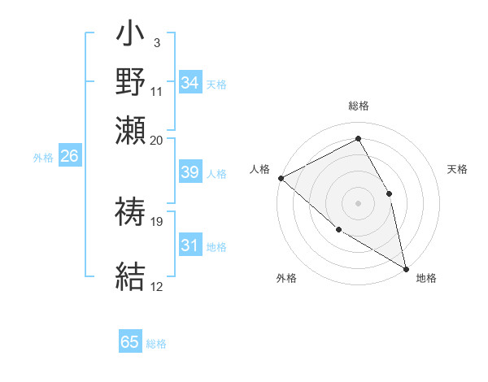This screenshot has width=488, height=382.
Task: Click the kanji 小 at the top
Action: (x=131, y=36)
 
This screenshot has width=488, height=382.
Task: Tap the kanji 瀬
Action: (x=131, y=131)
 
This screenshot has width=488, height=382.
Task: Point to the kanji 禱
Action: (x=131, y=213)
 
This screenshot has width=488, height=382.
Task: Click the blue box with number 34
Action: (x=190, y=82)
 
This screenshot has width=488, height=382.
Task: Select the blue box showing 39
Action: (x=190, y=172)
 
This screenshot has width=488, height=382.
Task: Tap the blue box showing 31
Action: (x=190, y=245)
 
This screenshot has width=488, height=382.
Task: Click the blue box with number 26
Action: (x=69, y=156)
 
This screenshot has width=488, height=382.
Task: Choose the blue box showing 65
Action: (x=130, y=342)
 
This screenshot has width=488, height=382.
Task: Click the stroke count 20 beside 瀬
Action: (x=157, y=140)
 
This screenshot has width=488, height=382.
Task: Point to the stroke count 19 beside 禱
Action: (x=157, y=221)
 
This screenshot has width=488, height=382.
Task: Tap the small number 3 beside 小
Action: (x=156, y=42)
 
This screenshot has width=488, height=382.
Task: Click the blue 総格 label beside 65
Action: (x=156, y=344)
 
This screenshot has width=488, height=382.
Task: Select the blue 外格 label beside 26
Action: (x=43, y=158)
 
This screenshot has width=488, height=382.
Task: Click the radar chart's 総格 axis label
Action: (x=359, y=106)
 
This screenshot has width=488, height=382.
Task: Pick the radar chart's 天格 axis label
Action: (x=458, y=169)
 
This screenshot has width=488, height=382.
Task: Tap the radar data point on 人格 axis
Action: (x=281, y=178)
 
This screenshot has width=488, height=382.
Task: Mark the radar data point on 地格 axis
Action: (x=406, y=268)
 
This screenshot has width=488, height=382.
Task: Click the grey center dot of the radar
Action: (x=358, y=202)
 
